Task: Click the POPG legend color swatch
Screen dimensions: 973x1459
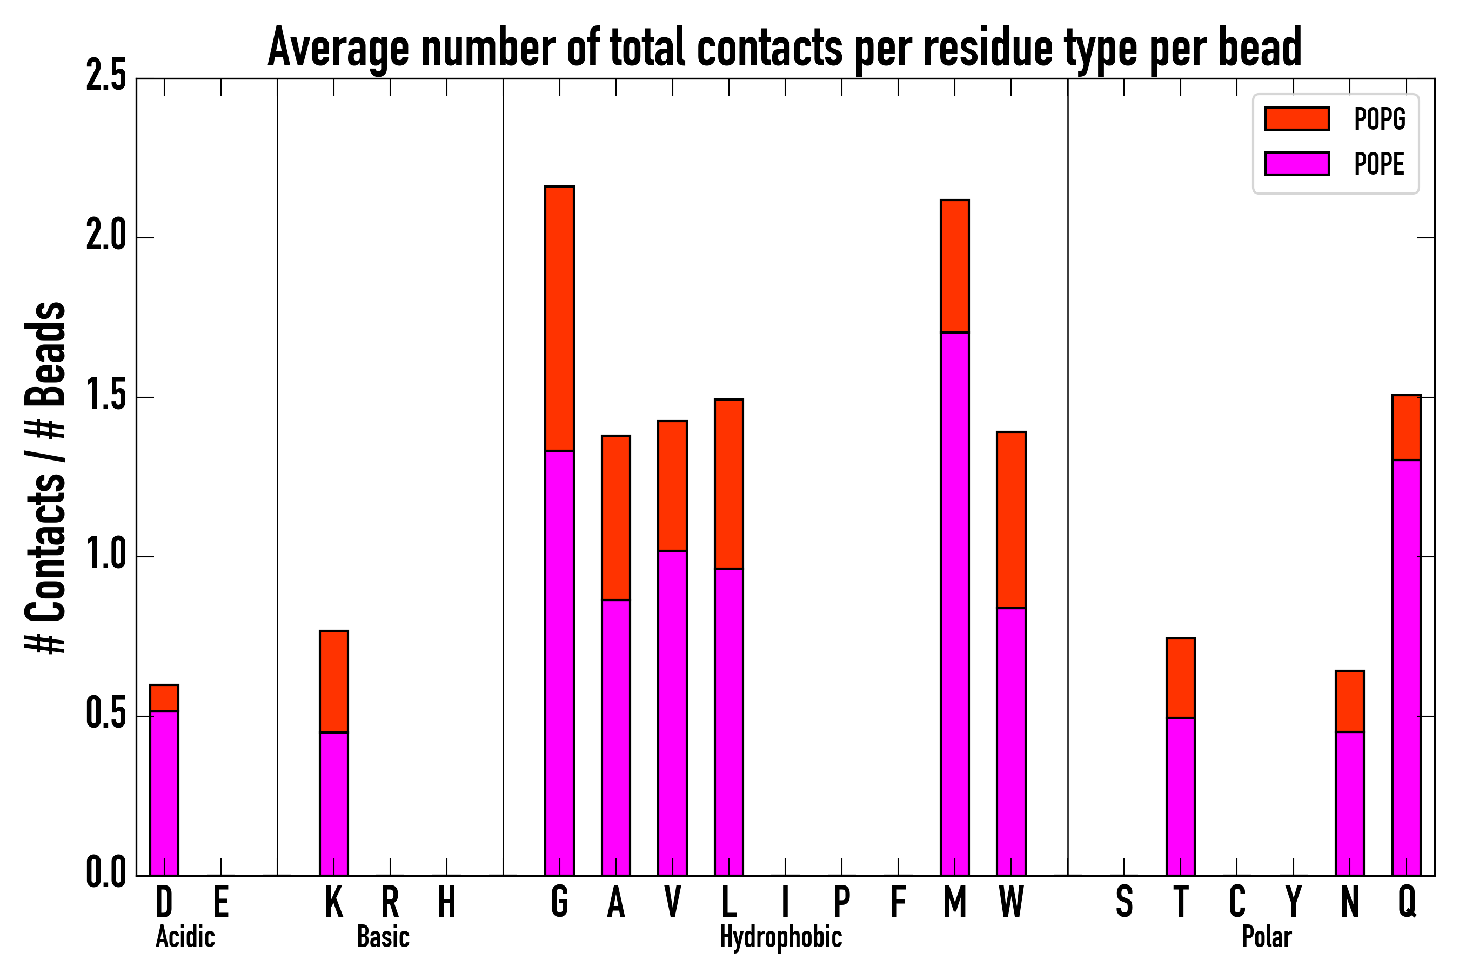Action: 1296,118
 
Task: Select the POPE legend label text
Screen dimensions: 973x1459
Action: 1378,164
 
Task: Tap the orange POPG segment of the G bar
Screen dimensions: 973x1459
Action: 559,318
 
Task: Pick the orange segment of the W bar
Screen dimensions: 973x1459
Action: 1010,519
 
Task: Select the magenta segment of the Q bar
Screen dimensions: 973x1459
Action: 1406,667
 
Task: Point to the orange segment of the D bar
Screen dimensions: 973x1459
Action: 164,697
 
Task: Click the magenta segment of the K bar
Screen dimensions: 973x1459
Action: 334,804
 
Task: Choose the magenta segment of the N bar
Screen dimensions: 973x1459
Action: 1349,804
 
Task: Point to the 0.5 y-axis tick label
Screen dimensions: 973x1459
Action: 106,716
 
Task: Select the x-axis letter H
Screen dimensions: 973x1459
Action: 447,902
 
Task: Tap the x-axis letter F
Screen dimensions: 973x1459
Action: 898,902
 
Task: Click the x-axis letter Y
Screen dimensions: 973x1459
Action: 1293,902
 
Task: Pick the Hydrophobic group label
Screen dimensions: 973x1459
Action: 780,937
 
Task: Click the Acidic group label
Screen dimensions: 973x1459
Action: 185,937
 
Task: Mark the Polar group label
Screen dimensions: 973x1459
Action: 1266,937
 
